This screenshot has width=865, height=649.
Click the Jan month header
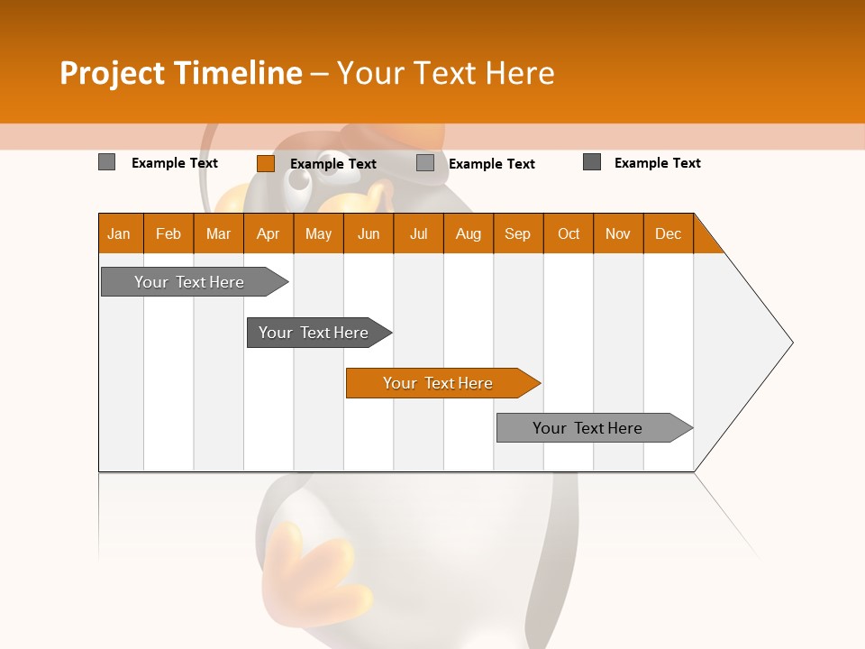pos(120,233)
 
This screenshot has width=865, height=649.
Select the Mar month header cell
pos(218,233)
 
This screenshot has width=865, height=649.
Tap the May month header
pos(318,233)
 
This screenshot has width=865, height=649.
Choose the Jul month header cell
pos(418,233)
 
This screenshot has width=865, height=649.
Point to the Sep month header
pos(517,233)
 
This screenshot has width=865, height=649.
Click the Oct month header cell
pos(569,233)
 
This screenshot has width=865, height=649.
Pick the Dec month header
pos(668,233)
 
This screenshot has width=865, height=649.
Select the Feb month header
pos(168,233)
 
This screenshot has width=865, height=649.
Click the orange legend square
pos(265,163)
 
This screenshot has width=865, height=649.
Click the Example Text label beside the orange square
pos(332,164)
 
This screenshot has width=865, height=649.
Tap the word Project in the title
pos(112,73)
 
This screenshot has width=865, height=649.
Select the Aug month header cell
pos(468,233)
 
